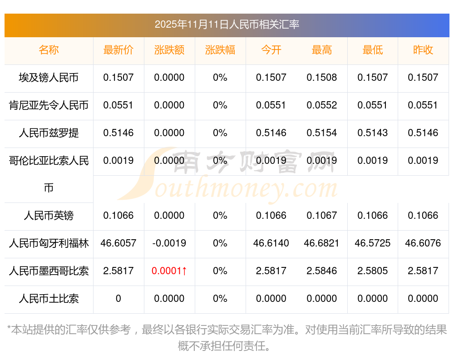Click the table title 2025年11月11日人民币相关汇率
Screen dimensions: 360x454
pos(227,25)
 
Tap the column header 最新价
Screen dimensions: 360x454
pos(118,50)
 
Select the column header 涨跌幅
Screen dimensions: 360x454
pos(220,50)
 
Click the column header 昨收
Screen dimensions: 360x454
pos(423,50)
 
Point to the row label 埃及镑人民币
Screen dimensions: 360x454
pos(49,78)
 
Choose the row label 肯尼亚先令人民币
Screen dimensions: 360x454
pos(49,105)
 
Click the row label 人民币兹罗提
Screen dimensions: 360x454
pos(49,133)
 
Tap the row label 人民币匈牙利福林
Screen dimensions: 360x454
pos(49,243)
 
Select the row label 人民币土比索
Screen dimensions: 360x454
pos(49,299)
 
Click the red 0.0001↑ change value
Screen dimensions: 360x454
pos(169,271)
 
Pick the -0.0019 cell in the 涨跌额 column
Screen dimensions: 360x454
pos(169,243)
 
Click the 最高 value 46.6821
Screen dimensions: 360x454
pos(321,243)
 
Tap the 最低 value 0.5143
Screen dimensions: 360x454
pos(372,133)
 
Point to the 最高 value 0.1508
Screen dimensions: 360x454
pos(321,78)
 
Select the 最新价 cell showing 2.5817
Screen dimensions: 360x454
pos(118,271)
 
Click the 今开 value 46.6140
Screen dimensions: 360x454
pos(271,243)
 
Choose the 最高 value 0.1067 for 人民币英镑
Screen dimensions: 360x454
pos(321,216)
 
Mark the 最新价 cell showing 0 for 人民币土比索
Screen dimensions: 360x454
pos(118,299)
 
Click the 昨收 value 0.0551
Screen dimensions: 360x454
pos(423,105)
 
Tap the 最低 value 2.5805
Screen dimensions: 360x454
pos(372,271)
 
